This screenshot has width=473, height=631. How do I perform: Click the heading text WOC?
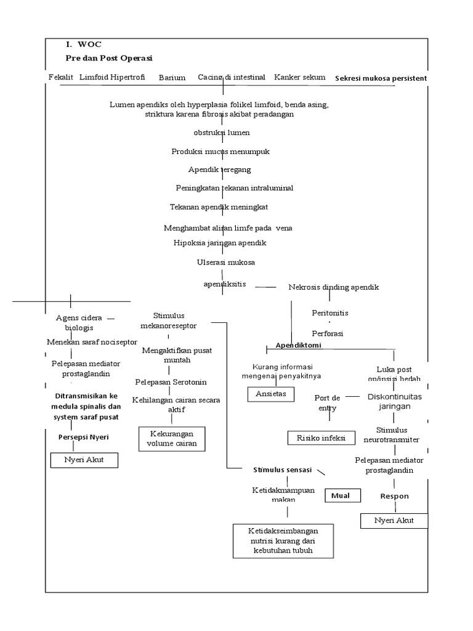coord(89,45)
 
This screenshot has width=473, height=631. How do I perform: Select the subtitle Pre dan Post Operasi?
coord(109,58)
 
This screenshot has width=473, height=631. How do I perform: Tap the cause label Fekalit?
coord(61,78)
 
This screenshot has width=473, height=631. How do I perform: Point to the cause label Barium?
coord(172,78)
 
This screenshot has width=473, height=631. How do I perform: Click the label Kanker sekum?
coord(299,78)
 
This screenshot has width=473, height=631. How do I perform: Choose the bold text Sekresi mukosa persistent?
coord(381,78)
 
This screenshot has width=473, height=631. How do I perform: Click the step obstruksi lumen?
coord(221,133)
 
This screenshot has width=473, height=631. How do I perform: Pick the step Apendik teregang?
coord(219,169)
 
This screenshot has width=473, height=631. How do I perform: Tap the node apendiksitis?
coord(224,284)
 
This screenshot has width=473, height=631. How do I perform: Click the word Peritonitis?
coord(330,313)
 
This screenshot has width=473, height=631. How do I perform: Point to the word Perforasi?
coord(327,333)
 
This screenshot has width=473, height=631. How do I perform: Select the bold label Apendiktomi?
coord(298,346)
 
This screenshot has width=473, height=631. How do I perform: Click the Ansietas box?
coord(271,394)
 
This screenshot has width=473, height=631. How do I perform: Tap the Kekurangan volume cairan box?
coord(172,439)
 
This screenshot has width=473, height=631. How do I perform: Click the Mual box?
coord(341,495)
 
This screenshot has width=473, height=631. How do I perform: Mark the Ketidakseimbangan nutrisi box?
coord(283,540)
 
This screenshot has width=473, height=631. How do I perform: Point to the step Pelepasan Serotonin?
coord(172,382)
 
